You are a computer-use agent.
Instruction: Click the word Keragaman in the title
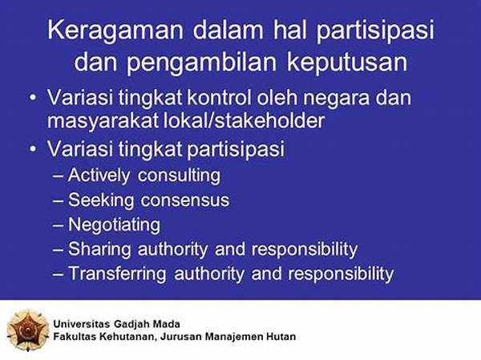(x=115, y=31)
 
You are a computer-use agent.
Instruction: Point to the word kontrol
(x=219, y=98)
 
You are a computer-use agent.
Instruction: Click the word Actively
(x=99, y=176)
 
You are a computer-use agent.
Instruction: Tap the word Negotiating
(x=114, y=225)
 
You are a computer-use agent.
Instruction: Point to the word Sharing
(x=99, y=249)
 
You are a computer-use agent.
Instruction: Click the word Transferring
(x=117, y=273)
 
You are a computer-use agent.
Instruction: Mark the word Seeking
(x=101, y=200)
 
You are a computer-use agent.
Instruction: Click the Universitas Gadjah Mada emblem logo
(x=27, y=330)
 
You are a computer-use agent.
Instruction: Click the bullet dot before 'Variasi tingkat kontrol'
(x=33, y=98)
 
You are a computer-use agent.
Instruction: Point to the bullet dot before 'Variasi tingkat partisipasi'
(x=33, y=149)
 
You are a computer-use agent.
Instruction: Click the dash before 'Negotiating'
(x=58, y=226)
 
